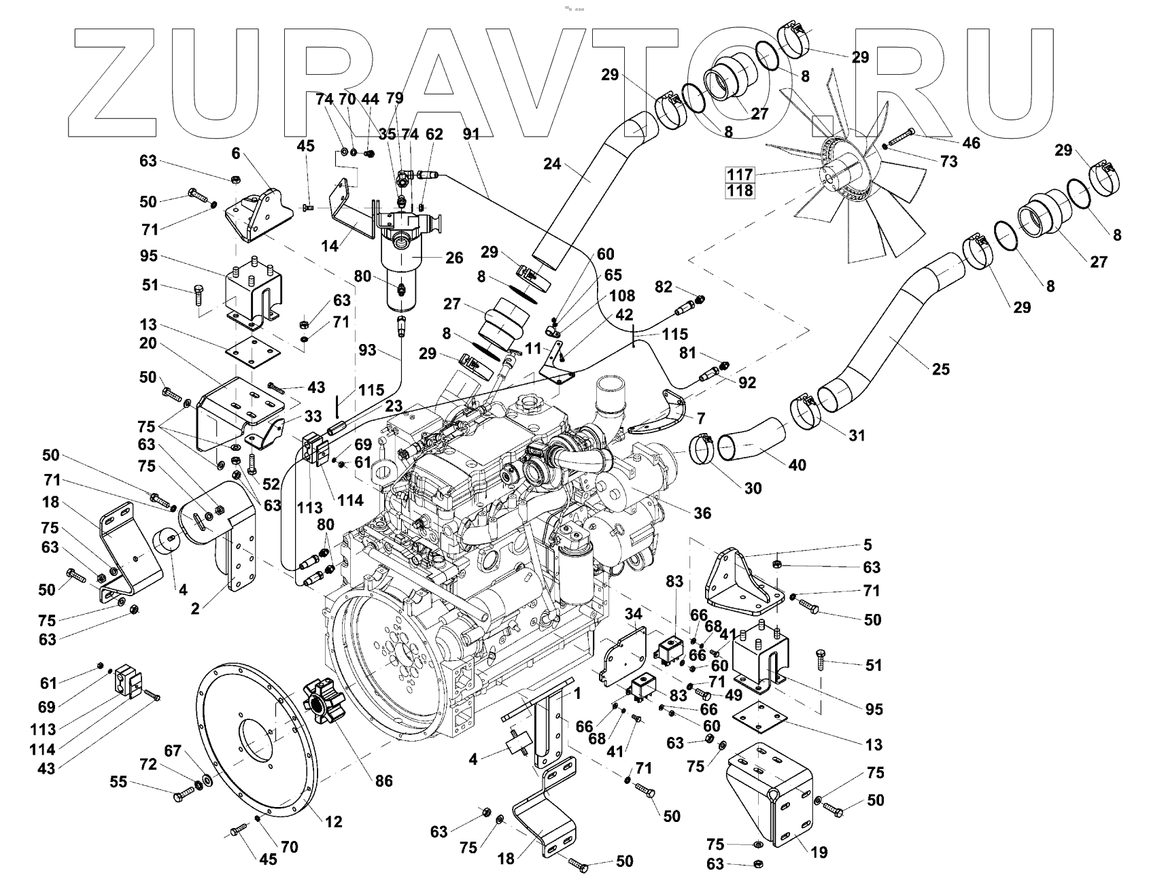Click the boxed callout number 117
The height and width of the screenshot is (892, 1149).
click(x=740, y=174)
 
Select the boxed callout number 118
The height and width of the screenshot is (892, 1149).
click(x=740, y=190)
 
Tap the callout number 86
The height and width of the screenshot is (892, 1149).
click(x=384, y=780)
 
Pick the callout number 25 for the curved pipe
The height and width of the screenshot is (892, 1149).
click(x=941, y=369)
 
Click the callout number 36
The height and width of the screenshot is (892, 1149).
click(x=702, y=513)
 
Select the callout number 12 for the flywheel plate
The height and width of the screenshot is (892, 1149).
click(x=333, y=821)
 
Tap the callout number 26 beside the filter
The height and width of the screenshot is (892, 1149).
click(x=454, y=258)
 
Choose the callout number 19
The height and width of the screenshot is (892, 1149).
click(x=820, y=853)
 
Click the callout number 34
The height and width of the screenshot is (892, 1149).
click(x=633, y=615)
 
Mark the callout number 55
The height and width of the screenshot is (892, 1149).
click(x=119, y=782)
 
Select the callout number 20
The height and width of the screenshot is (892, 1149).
click(x=148, y=343)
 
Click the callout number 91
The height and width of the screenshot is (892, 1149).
click(x=471, y=135)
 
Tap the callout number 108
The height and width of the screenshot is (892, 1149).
click(x=622, y=296)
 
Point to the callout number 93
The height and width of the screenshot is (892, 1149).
click(x=367, y=351)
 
